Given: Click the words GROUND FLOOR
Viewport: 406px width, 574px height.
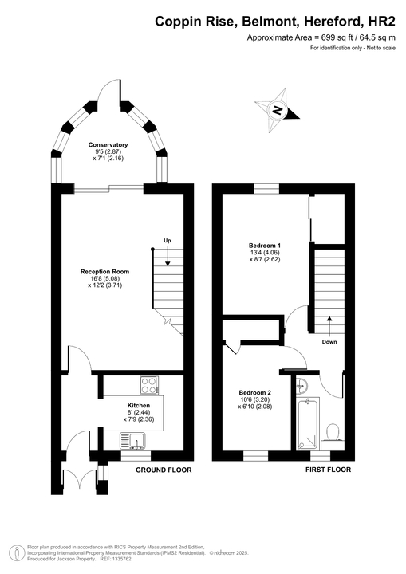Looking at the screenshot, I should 164,470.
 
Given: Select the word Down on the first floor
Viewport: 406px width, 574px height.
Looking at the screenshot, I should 329,341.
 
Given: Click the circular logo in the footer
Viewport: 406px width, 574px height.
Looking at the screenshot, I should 16,552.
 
